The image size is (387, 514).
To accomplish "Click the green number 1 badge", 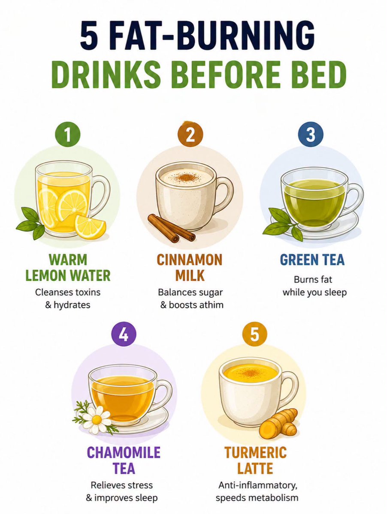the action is [x=67, y=134].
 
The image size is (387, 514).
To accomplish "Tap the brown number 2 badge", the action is [x=190, y=134].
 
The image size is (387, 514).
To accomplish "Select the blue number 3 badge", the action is [x=311, y=134].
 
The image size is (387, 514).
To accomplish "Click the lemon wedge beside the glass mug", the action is [x=90, y=227].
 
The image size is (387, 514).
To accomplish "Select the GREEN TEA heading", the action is [x=312, y=260].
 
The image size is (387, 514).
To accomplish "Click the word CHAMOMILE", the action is [x=124, y=452].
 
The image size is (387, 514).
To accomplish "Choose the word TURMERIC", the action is [x=255, y=452].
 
